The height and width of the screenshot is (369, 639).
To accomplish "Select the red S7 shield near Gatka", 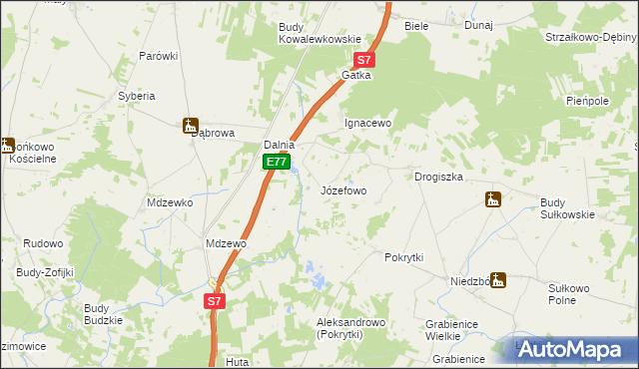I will (x=365, y=60).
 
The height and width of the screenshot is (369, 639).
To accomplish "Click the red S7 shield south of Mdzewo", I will (x=216, y=300).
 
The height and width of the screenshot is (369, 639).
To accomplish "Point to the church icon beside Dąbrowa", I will (x=190, y=126).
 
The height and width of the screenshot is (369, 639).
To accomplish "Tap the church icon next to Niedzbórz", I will (x=497, y=281).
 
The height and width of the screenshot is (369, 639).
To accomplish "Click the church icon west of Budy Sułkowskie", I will (x=490, y=199).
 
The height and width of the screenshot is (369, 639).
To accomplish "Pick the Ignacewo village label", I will (x=367, y=124).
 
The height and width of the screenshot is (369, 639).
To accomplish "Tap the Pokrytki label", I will (x=404, y=257).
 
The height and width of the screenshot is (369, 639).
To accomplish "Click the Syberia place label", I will (x=137, y=96).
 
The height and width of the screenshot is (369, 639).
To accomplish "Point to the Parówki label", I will (x=158, y=56).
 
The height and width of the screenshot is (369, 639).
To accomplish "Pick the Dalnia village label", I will (x=279, y=145).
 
